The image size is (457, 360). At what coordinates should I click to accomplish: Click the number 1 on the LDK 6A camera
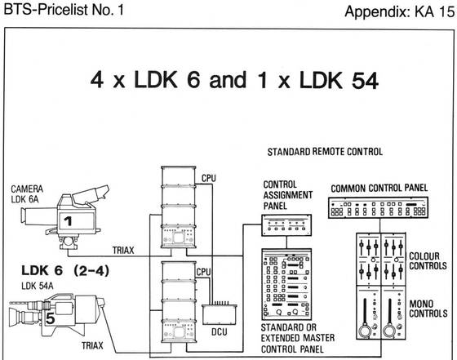pyautogui.click(x=68, y=221)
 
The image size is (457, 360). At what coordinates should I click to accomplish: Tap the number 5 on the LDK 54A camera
pyautogui.click(x=50, y=318)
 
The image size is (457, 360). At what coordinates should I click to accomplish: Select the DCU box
pyautogui.click(x=220, y=314)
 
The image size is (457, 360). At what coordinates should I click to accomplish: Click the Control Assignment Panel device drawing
pyautogui.click(x=286, y=225)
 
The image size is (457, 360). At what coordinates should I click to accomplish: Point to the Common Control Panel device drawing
pyautogui.click(x=379, y=207)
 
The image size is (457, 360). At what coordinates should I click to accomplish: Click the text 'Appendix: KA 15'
pyautogui.click(x=399, y=11)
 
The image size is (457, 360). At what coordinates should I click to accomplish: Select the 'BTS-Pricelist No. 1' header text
pyautogui.click(x=64, y=10)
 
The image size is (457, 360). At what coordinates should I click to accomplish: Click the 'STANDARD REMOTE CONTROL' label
pyautogui.click(x=325, y=152)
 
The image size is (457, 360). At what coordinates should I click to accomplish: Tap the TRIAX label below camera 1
pyautogui.click(x=123, y=250)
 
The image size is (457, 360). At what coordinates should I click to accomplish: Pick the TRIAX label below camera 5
pyautogui.click(x=92, y=346)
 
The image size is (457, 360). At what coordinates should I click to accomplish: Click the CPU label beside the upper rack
pyautogui.click(x=209, y=178)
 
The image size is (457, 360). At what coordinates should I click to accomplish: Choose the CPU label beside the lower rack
pyautogui.click(x=203, y=272)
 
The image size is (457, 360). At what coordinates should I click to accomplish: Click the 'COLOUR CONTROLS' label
pyautogui.click(x=428, y=261)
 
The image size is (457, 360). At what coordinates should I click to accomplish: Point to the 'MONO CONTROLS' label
pyautogui.click(x=428, y=309)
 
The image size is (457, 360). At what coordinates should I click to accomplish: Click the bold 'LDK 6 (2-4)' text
pyautogui.click(x=65, y=270)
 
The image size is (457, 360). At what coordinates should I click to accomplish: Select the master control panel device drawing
pyautogui.click(x=286, y=284)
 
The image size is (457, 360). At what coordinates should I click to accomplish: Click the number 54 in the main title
pyautogui.click(x=365, y=80)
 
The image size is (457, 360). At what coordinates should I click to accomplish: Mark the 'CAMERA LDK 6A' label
pyautogui.click(x=27, y=194)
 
